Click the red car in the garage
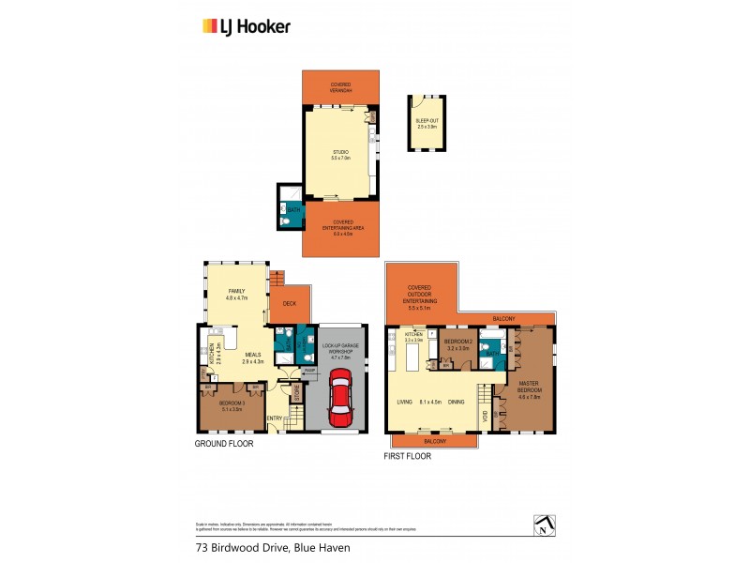point(339,395)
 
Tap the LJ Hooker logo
point(247,26)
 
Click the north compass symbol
point(541,525)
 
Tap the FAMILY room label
point(236,292)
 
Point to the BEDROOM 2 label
point(457,341)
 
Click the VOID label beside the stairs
point(484,414)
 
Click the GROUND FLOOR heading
point(223,444)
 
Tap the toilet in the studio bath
point(284,221)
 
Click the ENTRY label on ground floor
point(275,418)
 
